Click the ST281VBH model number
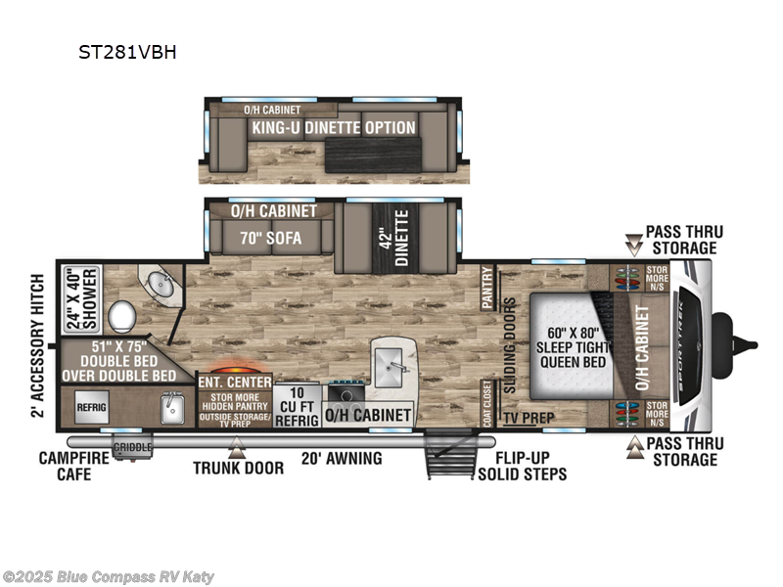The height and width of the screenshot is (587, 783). coord(127,53)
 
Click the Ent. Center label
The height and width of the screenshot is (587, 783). coord(234,382)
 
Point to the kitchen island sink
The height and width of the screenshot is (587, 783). coord(394,359)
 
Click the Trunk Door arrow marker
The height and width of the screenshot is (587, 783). coord(235,448)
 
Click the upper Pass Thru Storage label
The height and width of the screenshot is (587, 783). coord(683,240)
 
